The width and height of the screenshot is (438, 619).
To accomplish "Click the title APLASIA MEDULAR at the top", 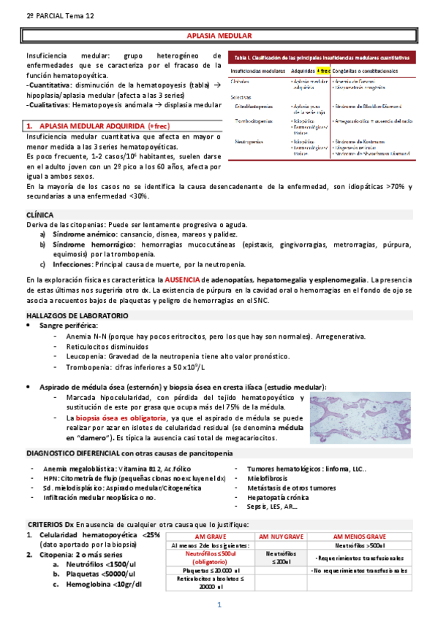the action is pos(219,36).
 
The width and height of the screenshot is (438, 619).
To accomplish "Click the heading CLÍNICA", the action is pos(39,215).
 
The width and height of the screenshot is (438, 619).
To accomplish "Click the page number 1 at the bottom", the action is pos(219,605).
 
